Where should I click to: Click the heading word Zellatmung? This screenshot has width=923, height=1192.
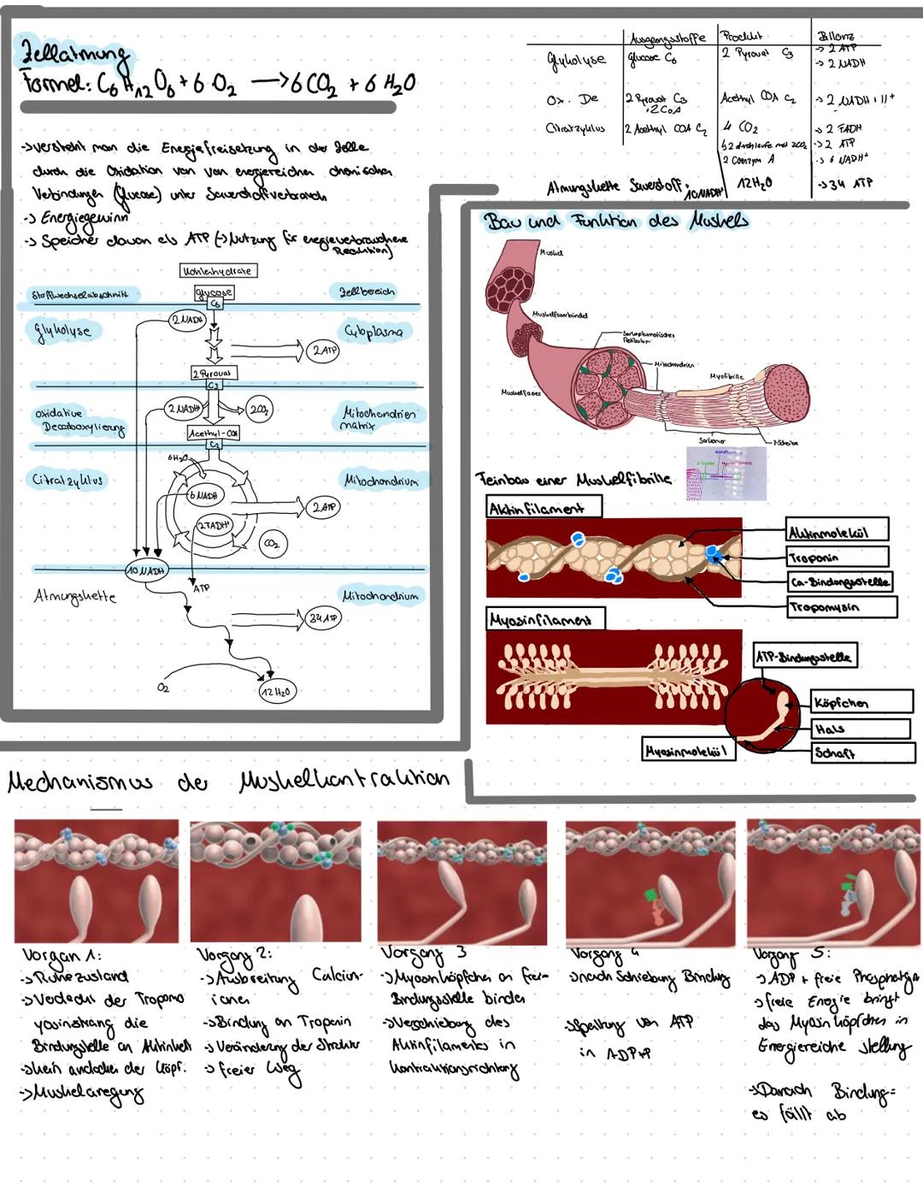point(74,57)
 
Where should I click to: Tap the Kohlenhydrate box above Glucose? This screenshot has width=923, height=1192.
point(217,270)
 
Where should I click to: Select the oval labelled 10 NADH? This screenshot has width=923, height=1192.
point(146,569)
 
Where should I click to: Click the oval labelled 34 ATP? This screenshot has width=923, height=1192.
point(324,617)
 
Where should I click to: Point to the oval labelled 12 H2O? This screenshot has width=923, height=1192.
point(277,691)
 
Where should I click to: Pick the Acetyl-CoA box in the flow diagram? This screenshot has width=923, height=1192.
point(214,434)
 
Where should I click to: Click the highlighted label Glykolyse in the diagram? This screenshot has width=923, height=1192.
point(62,330)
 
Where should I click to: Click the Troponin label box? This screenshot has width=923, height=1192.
point(837,557)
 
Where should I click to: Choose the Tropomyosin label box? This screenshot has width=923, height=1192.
point(841,607)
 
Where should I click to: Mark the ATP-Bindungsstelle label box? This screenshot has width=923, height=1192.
point(803,656)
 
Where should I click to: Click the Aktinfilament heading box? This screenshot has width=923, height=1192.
point(543,507)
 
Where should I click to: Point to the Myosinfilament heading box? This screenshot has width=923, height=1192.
point(544,618)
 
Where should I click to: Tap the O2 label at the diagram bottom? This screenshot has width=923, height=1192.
point(163,687)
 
